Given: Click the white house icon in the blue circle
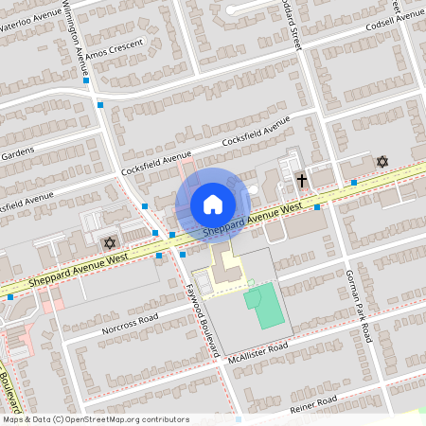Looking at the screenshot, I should pyautogui.click(x=212, y=204).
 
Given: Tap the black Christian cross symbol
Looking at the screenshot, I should pyautogui.click(x=302, y=179).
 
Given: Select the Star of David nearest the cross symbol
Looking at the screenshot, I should pyautogui.click(x=382, y=162).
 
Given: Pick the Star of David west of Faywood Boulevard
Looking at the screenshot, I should pyautogui.click(x=109, y=243).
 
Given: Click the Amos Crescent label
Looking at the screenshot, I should pyautogui.click(x=114, y=50).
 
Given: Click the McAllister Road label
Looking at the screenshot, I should pyautogui.click(x=257, y=351).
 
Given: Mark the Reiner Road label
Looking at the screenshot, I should pyautogui.click(x=313, y=404).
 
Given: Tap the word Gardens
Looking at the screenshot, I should pyautogui.click(x=17, y=151).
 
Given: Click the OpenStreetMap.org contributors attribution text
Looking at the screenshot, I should pyautogui.click(x=131, y=418).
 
